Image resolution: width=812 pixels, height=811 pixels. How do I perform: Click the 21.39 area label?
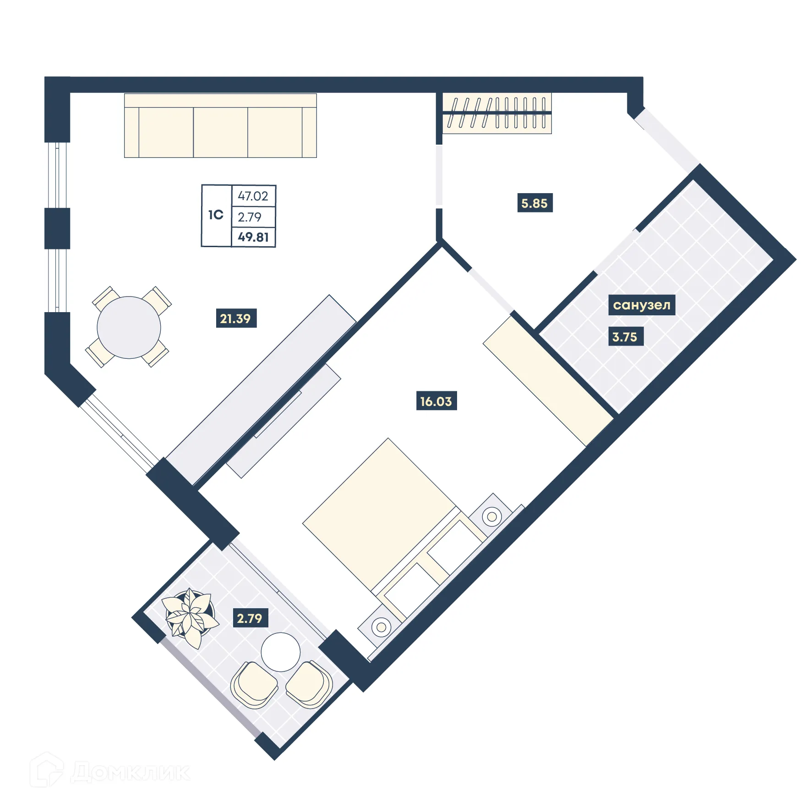pos(235,319)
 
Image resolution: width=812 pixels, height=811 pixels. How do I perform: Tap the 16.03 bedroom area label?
pos(436,401)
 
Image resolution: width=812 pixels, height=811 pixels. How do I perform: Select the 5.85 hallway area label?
pos(534,203)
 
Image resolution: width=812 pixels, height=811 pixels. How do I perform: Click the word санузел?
pos(641,305)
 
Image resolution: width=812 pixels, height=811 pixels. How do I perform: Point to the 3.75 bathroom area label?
pos(624,337)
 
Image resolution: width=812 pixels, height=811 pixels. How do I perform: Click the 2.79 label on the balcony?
pos(249,618)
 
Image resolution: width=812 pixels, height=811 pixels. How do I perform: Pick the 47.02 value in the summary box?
pos(253,196)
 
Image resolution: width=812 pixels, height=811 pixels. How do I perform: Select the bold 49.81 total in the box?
pos(253,237)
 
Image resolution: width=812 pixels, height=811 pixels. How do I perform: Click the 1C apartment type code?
pos(216,215)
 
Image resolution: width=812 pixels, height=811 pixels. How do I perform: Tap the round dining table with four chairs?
pos(129,328)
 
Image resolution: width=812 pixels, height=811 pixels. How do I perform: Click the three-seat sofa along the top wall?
pos(220,126)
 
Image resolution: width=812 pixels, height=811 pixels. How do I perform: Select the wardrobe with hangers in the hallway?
pos(497,113)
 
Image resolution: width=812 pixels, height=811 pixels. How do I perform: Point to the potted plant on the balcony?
pos(190,616)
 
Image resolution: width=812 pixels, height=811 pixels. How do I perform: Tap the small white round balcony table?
pos(280,652)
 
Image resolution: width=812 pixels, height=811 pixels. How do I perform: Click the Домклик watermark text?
pos(131,772)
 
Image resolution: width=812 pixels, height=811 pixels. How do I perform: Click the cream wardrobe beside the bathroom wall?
pos(547,380)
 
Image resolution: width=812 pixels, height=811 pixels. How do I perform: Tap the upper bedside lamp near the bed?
pos(491,516)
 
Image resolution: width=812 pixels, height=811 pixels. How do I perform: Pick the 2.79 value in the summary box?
pos(250,217)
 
